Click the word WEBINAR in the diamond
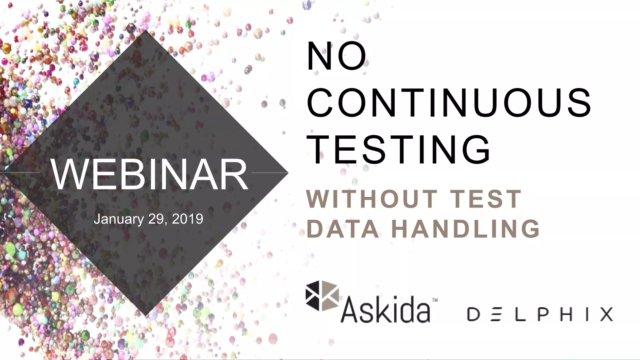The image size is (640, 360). [149, 174]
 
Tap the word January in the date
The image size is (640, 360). [119, 219]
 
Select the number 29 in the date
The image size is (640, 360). [156, 219]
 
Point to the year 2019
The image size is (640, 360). [187, 219]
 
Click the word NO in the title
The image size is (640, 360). [336, 57]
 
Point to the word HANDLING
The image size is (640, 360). [466, 229]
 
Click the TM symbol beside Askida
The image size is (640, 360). [435, 301]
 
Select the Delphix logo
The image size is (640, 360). [540, 314]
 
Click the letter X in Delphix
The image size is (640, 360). [606, 314]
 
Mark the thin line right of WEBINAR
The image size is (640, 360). [269, 172]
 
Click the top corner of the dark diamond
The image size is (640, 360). [146, 31]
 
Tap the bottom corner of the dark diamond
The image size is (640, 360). [146, 314]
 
